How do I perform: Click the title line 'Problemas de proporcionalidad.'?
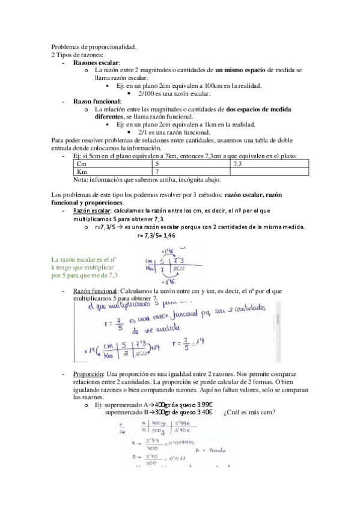pyautogui.click(x=93, y=47)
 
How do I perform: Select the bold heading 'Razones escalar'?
pyautogui.click(x=96, y=63)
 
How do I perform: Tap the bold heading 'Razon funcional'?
pyautogui.click(x=97, y=101)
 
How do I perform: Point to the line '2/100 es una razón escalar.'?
pyautogui.click(x=174, y=93)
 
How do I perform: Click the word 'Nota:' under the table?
pyautogui.click(x=81, y=179)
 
